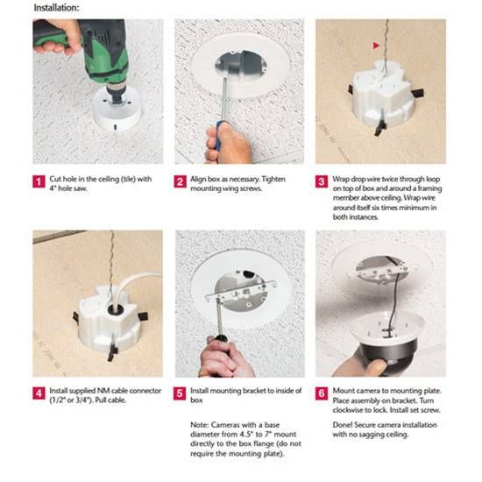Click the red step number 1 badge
(x=39, y=181)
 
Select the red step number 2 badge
(x=181, y=181)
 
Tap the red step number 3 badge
(x=322, y=181)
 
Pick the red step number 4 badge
(x=39, y=393)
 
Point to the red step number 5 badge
(x=181, y=393)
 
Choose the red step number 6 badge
(x=322, y=393)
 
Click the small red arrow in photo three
(x=375, y=44)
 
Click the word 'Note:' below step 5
(x=199, y=425)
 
